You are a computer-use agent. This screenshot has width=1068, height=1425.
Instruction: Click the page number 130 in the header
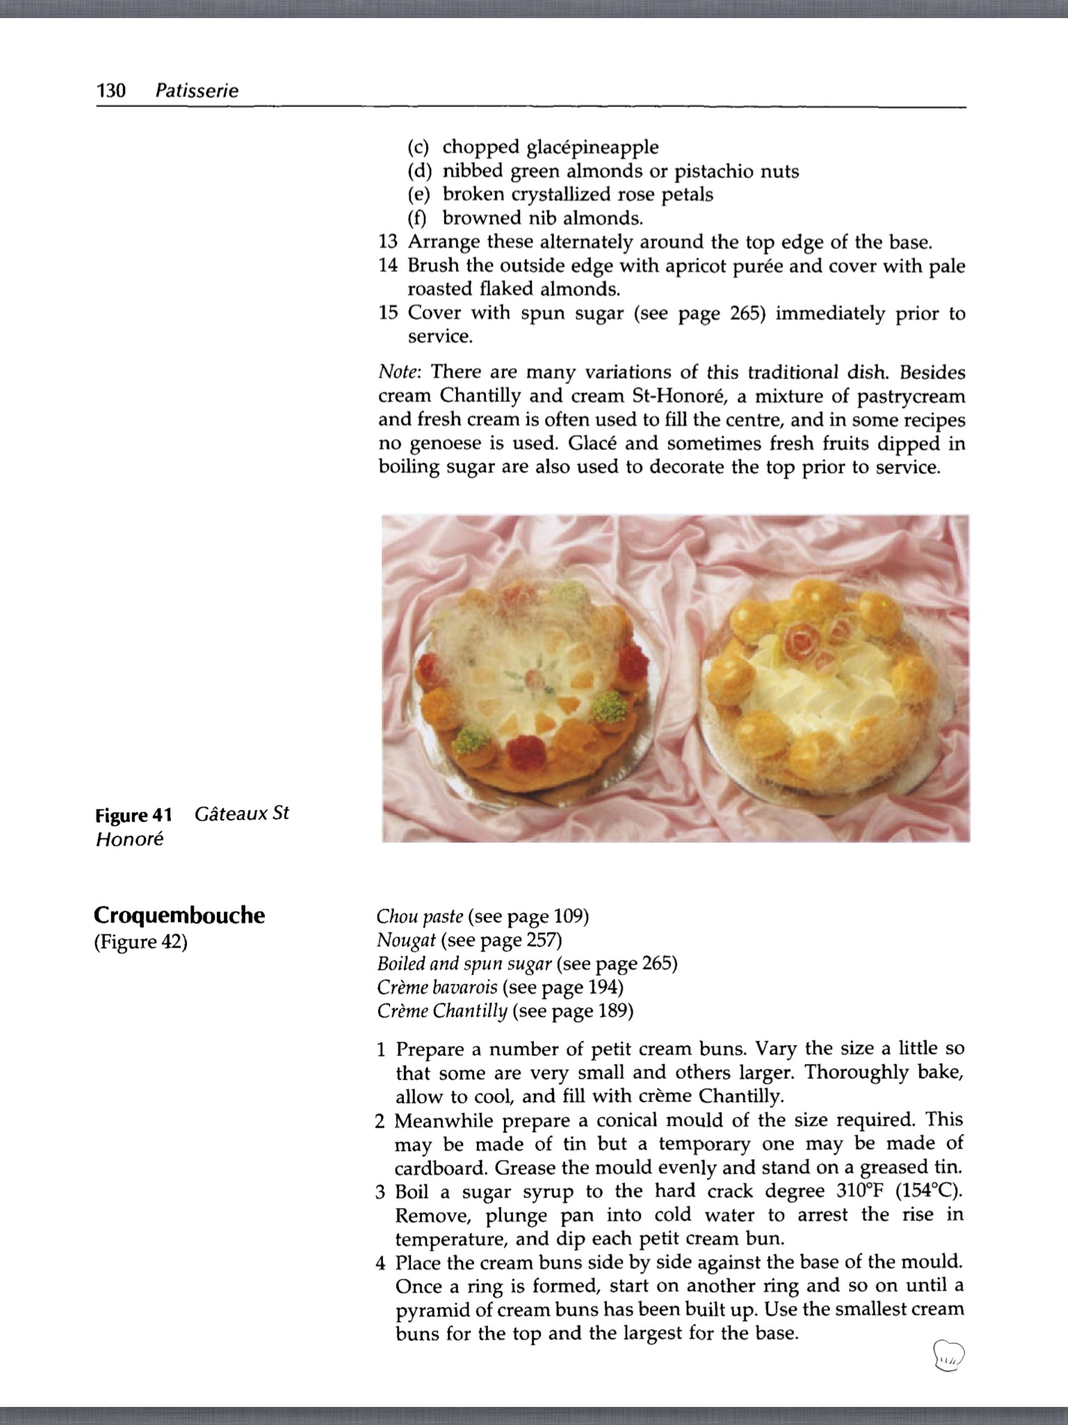tap(111, 91)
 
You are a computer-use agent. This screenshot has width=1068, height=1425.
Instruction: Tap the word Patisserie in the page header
tap(197, 91)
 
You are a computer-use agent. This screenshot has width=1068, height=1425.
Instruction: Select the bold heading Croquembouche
tap(179, 915)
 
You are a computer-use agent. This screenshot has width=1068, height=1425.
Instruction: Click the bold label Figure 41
tap(133, 815)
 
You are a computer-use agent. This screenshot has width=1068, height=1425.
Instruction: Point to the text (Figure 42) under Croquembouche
tap(141, 942)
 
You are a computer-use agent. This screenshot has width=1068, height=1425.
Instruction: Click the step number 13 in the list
tap(388, 242)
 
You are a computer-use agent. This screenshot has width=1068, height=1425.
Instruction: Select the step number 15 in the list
tap(388, 313)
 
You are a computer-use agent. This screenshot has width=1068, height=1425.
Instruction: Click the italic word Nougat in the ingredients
tap(406, 941)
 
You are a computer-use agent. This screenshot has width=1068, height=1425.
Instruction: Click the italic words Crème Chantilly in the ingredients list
tap(442, 1011)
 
